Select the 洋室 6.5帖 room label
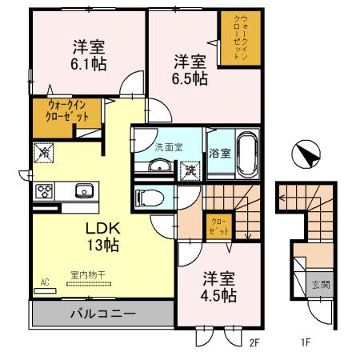click(x=190, y=69)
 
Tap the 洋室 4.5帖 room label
click(x=218, y=287)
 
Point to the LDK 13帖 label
click(x=102, y=235)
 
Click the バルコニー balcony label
click(x=101, y=312)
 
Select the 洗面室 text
click(x=169, y=146)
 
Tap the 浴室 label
click(x=219, y=152)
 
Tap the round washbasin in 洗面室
click(x=160, y=166)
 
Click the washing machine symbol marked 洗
click(x=190, y=170)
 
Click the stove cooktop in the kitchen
click(x=43, y=191)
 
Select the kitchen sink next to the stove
click(x=83, y=191)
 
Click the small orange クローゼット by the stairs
click(x=218, y=225)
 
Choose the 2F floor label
click(x=255, y=344)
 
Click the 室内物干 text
click(x=86, y=274)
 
